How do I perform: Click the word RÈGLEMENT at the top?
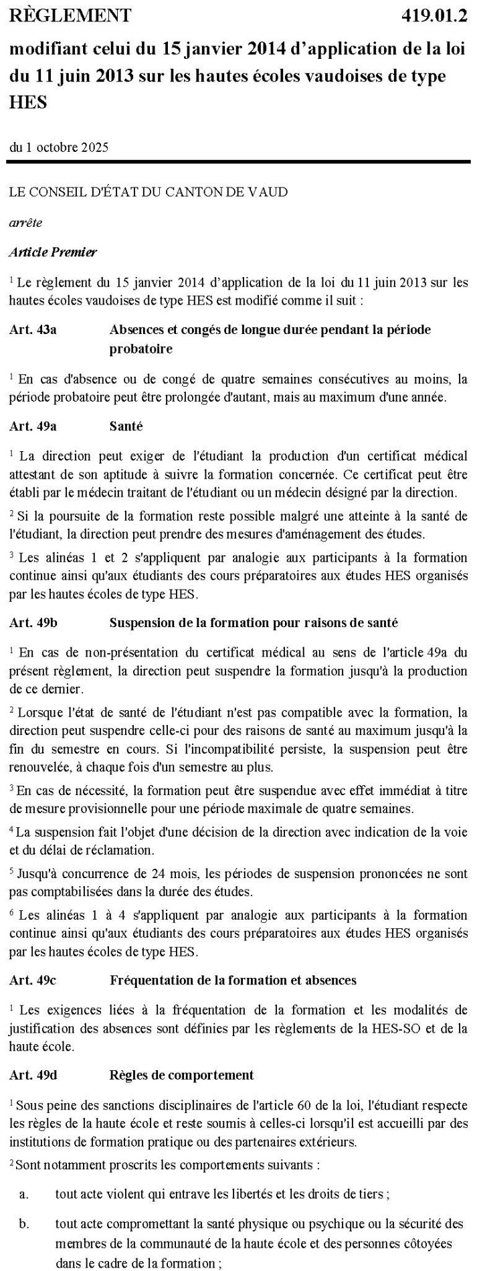pyautogui.click(x=70, y=15)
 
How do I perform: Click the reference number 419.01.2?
pyautogui.click(x=434, y=15)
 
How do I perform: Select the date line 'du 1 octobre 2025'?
pyautogui.click(x=59, y=147)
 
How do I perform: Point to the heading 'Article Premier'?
pyautogui.click(x=53, y=252)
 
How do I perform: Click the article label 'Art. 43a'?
pyautogui.click(x=33, y=329)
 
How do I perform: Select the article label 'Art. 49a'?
pyautogui.click(x=33, y=426)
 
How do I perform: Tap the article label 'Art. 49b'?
pyautogui.click(x=33, y=622)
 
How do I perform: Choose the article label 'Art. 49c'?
pyautogui.click(x=33, y=980)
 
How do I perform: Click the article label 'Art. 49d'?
pyautogui.click(x=33, y=1075)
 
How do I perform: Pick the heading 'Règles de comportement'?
pyautogui.click(x=181, y=1075)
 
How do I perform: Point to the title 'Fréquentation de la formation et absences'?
pyautogui.click(x=232, y=980)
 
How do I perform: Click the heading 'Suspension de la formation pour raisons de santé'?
pyautogui.click(x=254, y=622)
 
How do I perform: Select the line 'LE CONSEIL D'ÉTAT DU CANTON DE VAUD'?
pyautogui.click(x=149, y=192)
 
